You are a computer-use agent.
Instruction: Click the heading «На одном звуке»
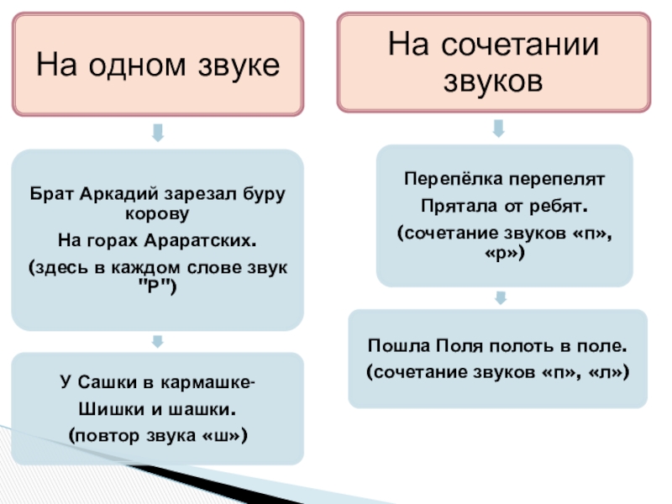157,64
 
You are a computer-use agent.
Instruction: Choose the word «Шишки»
104,411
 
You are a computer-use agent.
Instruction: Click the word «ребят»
560,205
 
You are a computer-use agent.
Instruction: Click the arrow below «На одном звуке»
157,132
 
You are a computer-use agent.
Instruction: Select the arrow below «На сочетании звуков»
497,128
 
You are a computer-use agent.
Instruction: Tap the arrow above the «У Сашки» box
157,342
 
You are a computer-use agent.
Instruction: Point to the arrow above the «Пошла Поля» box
500,298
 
